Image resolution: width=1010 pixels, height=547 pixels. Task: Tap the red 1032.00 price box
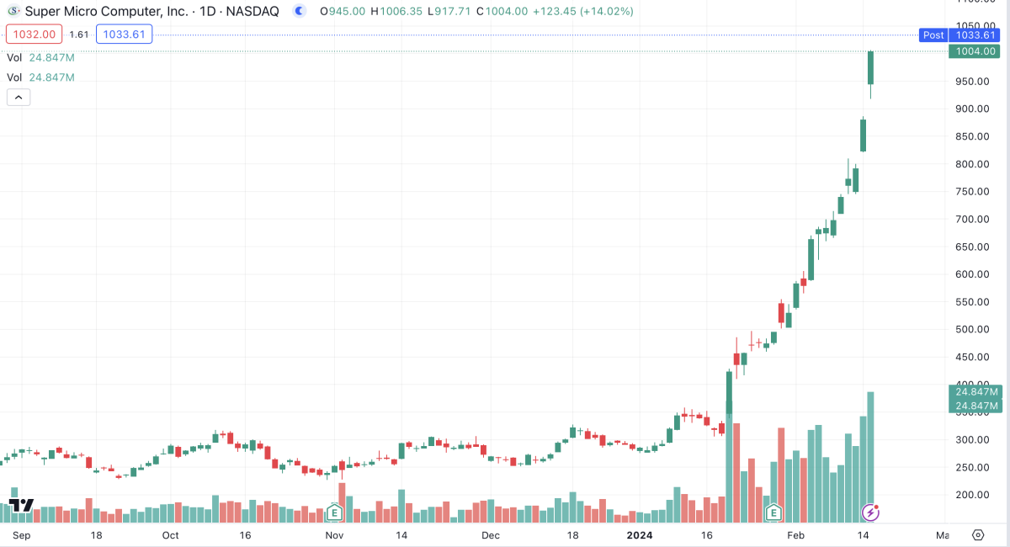click(34, 35)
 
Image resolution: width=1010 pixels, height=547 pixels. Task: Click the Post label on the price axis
click(933, 35)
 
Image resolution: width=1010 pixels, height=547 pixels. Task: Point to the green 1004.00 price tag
click(973, 51)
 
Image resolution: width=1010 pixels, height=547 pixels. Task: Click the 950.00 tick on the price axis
click(973, 82)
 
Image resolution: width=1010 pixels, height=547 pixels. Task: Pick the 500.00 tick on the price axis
click(973, 329)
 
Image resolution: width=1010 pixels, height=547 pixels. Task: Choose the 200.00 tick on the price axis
click(973, 495)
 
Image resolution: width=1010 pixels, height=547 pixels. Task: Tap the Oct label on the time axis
click(171, 535)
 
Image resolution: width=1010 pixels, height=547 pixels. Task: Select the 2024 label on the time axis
click(640, 535)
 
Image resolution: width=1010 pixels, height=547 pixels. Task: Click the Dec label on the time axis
click(491, 535)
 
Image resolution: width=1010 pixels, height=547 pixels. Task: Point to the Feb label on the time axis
click(795, 535)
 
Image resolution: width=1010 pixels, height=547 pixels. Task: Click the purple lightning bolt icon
click(871, 512)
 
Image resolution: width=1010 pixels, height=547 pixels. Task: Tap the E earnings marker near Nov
click(335, 512)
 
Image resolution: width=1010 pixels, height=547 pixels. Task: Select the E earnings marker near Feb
click(773, 512)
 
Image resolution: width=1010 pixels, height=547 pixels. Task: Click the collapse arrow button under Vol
click(19, 97)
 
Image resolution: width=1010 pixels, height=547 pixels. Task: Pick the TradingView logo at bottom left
click(21, 506)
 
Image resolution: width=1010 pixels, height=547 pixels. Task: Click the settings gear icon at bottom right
click(978, 535)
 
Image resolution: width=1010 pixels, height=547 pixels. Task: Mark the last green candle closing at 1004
click(871, 67)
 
